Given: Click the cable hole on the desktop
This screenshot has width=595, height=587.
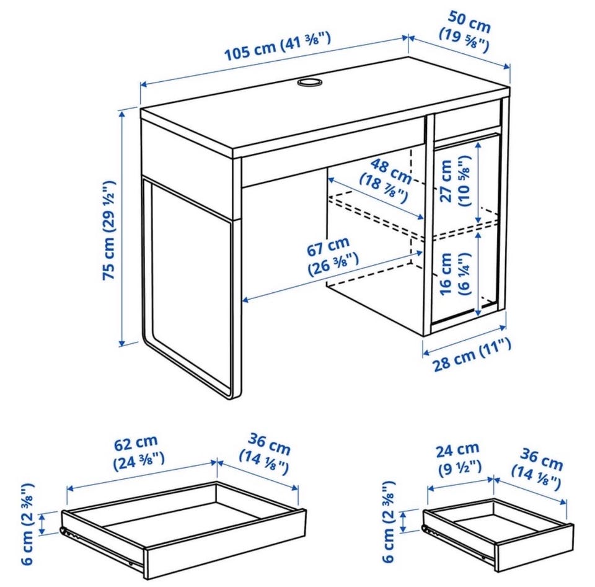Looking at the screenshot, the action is (308, 82).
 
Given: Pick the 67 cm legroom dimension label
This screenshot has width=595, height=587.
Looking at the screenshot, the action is (331, 256).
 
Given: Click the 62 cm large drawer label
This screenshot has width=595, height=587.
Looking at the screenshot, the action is (138, 452).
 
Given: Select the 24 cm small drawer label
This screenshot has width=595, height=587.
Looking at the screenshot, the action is (459, 459).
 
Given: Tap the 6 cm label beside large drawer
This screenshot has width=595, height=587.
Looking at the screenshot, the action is (28, 524).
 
